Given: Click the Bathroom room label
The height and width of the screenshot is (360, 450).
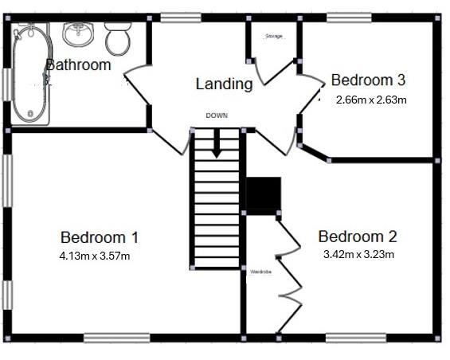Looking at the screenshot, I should pyautogui.click(x=78, y=65).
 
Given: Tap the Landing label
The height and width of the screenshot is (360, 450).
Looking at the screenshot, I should pyautogui.click(x=224, y=84).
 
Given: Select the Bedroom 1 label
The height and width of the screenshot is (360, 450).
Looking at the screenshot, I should pyautogui.click(x=100, y=237).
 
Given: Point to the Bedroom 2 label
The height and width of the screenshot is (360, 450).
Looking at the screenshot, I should pyautogui.click(x=357, y=237).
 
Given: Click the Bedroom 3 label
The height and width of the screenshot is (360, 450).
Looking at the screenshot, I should pyautogui.click(x=369, y=80).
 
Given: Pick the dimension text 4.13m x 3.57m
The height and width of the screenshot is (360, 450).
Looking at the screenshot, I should pyautogui.click(x=94, y=256).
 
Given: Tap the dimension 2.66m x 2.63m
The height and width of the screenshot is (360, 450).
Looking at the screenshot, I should pyautogui.click(x=372, y=100).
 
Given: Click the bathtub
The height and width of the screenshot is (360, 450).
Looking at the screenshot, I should pyautogui.click(x=30, y=74).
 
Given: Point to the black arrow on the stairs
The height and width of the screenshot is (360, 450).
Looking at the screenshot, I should pyautogui.click(x=217, y=144).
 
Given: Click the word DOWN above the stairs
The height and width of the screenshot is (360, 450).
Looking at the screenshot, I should pyautogui.click(x=217, y=115).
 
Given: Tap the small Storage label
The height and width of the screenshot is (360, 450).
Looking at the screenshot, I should pyautogui.click(x=274, y=37).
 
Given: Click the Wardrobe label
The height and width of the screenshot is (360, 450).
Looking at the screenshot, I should pyautogui.click(x=260, y=272).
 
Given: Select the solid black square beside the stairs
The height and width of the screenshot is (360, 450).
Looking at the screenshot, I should pyautogui.click(x=263, y=195).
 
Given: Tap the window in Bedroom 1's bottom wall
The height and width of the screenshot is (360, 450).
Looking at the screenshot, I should pyautogui.click(x=116, y=338).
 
